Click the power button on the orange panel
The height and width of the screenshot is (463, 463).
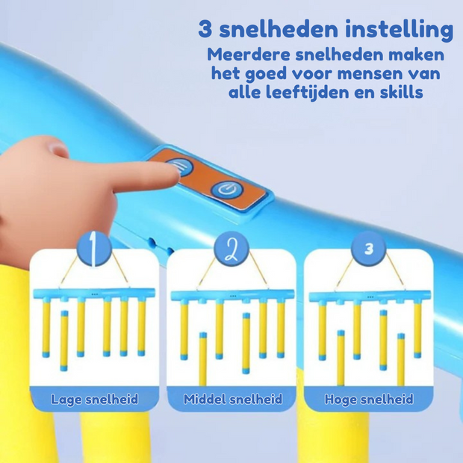(224, 190)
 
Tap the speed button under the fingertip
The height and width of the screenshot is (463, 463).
(179, 169)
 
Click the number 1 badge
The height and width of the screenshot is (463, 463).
(94, 250)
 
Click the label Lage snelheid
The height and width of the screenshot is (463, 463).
(94, 400)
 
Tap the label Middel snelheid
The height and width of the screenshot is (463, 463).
(232, 400)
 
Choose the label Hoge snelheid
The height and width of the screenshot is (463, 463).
(369, 400)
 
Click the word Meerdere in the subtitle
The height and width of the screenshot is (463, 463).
(249, 55)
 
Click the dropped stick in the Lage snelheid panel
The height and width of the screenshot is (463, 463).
(64, 340)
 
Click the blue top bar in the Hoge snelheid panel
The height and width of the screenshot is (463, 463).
(368, 296)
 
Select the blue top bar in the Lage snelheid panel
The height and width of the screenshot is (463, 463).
(94, 293)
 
